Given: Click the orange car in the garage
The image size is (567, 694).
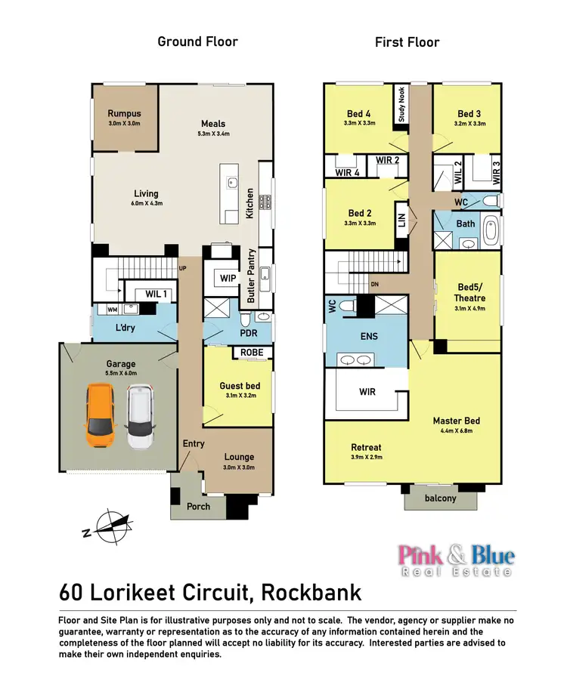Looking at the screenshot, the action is click(x=101, y=416).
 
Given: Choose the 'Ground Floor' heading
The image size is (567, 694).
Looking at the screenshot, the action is click(x=197, y=42).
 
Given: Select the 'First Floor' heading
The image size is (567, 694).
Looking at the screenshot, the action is click(x=407, y=42).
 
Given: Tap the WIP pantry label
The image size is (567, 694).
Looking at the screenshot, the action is click(x=229, y=278).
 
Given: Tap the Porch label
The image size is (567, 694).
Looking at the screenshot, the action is click(x=198, y=506).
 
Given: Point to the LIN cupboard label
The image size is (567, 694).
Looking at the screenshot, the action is click(x=401, y=221).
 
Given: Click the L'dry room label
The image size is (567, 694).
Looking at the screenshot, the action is click(x=125, y=328).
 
